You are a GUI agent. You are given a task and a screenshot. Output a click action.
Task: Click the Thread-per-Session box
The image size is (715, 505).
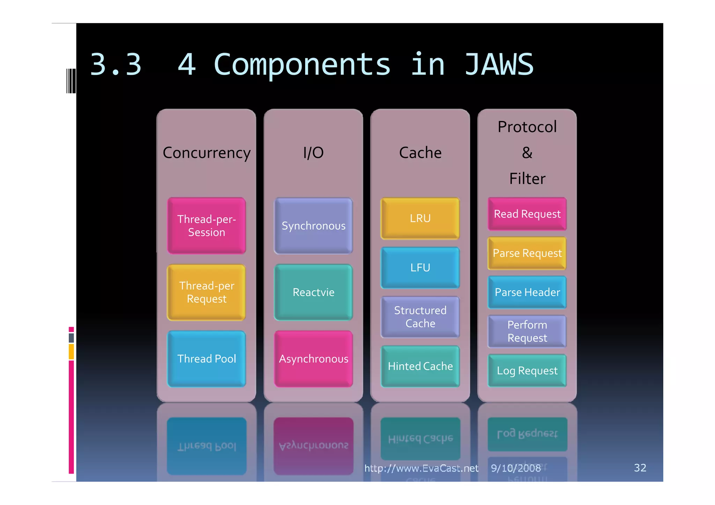click(x=206, y=225)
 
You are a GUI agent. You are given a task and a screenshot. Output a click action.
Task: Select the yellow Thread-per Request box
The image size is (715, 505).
click(x=206, y=292)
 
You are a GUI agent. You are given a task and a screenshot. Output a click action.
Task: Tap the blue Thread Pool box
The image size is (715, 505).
click(x=206, y=359)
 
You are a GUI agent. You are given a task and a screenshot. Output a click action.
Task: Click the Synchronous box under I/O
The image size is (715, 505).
click(x=313, y=225)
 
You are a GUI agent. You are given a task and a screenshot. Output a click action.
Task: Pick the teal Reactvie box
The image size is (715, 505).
click(x=313, y=292)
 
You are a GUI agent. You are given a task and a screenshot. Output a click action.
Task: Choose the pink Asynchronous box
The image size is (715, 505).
click(x=313, y=359)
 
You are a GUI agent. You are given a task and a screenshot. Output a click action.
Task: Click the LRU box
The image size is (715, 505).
click(x=420, y=218)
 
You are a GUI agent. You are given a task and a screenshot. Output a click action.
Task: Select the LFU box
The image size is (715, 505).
click(x=420, y=268)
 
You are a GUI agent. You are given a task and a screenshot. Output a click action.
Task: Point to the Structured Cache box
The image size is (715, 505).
click(x=420, y=317)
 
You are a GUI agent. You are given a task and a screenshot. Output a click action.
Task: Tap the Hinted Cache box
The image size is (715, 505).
click(x=420, y=366)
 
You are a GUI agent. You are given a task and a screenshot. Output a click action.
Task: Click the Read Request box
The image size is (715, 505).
click(x=527, y=214)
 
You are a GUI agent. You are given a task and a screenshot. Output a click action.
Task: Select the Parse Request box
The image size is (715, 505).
click(x=527, y=253)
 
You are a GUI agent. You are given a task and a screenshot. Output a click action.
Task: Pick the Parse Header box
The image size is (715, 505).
click(x=527, y=292)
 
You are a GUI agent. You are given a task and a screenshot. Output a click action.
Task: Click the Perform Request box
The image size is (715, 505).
click(x=527, y=331)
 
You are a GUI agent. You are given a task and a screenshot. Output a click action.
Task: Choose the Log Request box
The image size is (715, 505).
click(x=527, y=370)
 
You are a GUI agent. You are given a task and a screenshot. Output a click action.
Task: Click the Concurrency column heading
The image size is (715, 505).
click(x=206, y=153)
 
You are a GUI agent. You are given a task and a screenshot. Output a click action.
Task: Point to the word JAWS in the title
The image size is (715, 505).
click(x=499, y=65)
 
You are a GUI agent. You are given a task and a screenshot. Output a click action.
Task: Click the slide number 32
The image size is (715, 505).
click(x=640, y=468)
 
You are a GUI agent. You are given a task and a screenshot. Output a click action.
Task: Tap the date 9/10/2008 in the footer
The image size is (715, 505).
click(x=515, y=468)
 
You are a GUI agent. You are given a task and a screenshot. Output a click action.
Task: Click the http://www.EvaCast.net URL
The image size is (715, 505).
click(x=421, y=468)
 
